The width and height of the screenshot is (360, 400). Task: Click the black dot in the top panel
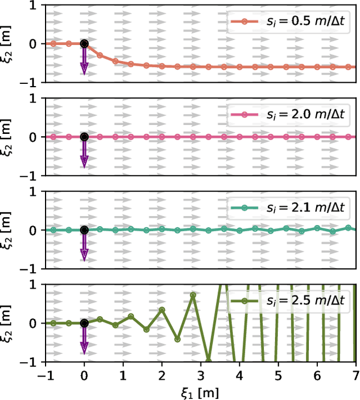pos(84,43)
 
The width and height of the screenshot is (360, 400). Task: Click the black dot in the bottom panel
pos(84,323)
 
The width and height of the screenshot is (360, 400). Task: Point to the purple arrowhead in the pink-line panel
pos(84,162)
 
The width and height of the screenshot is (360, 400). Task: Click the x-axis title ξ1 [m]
pos(200,392)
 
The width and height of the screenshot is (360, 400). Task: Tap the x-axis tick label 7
pos(355,374)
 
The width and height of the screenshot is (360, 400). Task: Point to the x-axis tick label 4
pos(240,374)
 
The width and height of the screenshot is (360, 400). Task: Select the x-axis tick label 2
pos(162,374)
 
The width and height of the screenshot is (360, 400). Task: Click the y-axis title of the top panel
pos(7,43)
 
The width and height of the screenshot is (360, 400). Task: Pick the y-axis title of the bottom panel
pos(7,323)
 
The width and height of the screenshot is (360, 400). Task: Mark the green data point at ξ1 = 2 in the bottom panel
pos(162,309)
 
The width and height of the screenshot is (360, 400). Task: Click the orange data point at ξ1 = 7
pos(355,67)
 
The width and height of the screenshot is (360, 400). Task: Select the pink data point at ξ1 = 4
pos(240,137)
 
